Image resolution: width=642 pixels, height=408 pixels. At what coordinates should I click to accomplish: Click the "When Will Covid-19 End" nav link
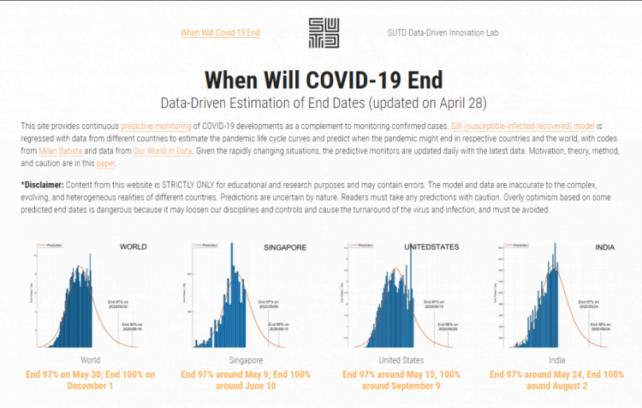point(220,33)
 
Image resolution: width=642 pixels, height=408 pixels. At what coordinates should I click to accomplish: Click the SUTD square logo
point(323,33)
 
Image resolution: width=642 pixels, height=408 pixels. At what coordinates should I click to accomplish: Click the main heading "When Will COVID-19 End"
point(324,80)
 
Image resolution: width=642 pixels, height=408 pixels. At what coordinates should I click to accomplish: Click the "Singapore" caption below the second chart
point(246,360)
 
